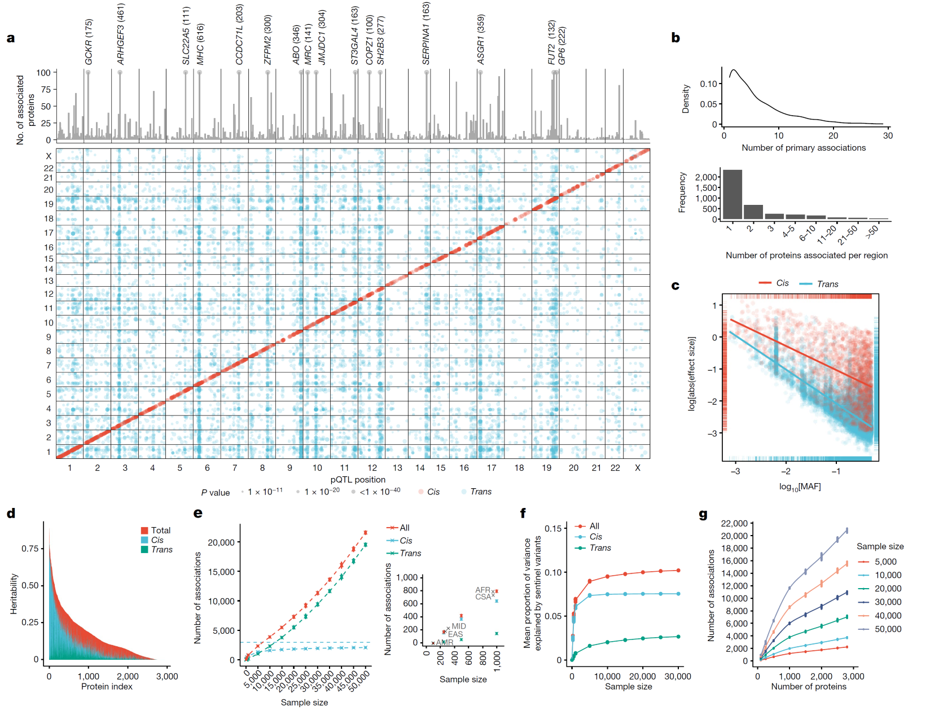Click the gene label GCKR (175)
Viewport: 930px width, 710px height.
(89, 42)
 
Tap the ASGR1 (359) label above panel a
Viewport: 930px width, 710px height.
(481, 39)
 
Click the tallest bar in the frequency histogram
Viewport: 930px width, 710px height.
(732, 194)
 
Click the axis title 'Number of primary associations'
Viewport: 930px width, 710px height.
(804, 148)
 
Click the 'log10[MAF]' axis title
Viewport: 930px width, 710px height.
(800, 487)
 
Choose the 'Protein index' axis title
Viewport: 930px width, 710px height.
(107, 686)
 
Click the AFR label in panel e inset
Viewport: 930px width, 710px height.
(482, 590)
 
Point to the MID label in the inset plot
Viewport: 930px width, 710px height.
(459, 626)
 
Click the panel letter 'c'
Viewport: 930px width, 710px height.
(675, 286)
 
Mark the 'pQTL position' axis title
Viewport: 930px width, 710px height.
(358, 480)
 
